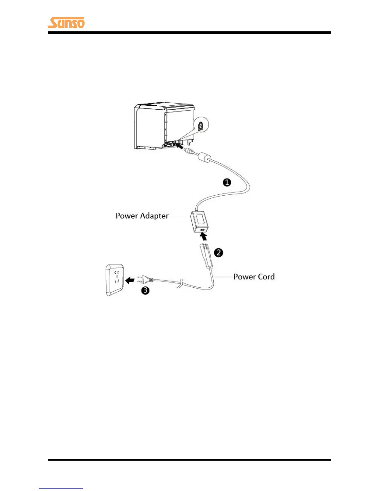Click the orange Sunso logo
pyautogui.click(x=66, y=23)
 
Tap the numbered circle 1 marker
pyautogui.click(x=227, y=182)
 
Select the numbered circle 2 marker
pyautogui.click(x=219, y=253)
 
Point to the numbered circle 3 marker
pyautogui.click(x=145, y=290)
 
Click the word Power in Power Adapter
pyautogui.click(x=127, y=216)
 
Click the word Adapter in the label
pyautogui.click(x=154, y=216)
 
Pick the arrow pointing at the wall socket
pyautogui.click(x=130, y=280)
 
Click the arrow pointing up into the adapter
pyautogui.click(x=203, y=237)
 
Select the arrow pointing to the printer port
pyautogui.click(x=179, y=145)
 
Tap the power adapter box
pyautogui.click(x=199, y=221)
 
